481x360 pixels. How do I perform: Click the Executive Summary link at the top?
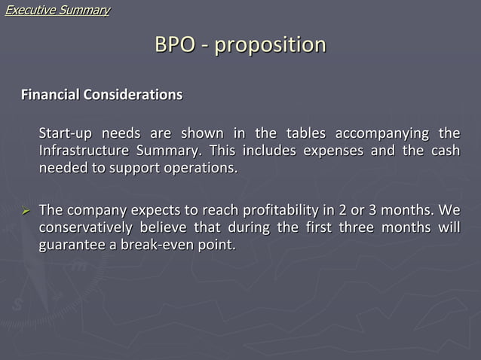click(x=57, y=10)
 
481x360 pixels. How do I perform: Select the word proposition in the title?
click(x=270, y=45)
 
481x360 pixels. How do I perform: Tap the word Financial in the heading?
click(x=50, y=96)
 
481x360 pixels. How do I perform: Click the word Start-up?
click(x=66, y=134)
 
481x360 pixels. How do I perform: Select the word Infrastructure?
click(x=84, y=151)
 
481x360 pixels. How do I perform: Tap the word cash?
click(x=445, y=151)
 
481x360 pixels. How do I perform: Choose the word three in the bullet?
click(x=339, y=226)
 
